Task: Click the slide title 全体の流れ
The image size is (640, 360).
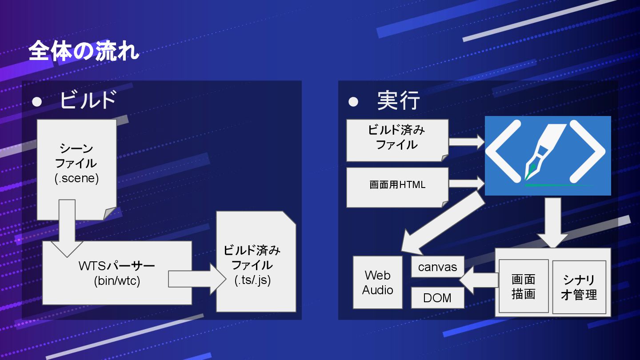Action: tap(84, 52)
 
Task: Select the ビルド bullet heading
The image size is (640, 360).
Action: tap(88, 100)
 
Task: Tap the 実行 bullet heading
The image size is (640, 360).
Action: tap(398, 101)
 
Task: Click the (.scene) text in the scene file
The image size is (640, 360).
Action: tap(76, 179)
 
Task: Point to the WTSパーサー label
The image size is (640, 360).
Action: tap(117, 266)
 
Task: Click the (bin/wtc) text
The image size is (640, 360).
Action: tap(117, 281)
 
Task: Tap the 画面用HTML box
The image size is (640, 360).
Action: tap(397, 185)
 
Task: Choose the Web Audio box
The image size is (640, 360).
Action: tap(377, 282)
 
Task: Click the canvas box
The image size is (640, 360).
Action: tap(437, 267)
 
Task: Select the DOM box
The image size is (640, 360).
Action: tap(437, 298)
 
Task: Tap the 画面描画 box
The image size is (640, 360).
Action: tap(524, 286)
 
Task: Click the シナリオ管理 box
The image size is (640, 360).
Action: tap(579, 287)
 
